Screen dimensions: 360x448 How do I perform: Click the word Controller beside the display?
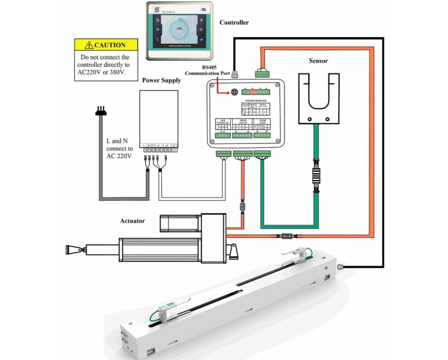coord(234,23)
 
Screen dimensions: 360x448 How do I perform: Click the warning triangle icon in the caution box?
coord(88,45)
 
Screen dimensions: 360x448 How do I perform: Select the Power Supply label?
coord(161,80)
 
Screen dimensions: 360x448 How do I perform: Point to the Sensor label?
coord(318,61)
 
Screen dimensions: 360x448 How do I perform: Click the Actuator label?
coord(132,221)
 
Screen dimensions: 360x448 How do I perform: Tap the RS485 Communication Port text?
coord(207,70)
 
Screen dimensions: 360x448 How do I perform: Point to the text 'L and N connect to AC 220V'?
coord(120,149)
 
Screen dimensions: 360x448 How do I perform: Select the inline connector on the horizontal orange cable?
coord(287,235)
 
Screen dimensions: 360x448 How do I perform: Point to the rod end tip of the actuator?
coord(71,249)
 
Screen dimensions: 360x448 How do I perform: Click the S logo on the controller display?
coord(156,10)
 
